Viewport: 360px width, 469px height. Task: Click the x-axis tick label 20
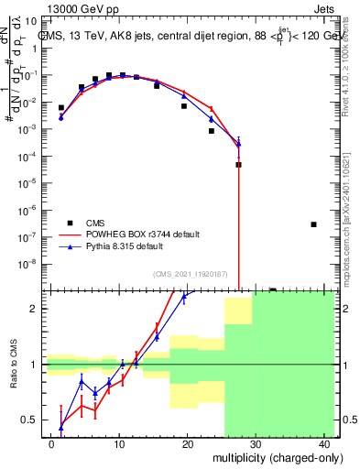click(x=187, y=443)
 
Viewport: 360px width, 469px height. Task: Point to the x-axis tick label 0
click(x=51, y=443)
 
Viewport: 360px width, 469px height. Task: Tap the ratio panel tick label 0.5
click(x=30, y=420)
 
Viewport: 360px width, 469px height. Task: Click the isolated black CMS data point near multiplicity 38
click(x=313, y=224)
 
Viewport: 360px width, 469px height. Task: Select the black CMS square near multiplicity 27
click(x=238, y=165)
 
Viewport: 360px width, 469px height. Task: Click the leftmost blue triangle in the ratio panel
click(x=61, y=426)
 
